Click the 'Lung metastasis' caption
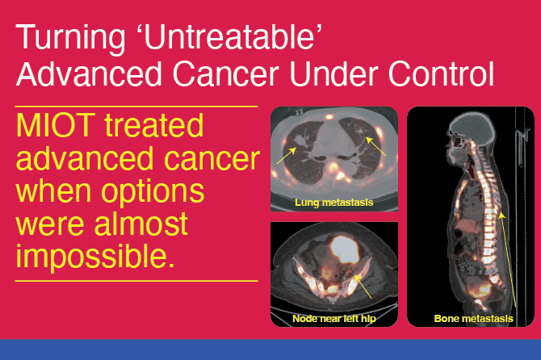334,203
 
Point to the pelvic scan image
334,270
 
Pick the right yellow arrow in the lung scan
375,146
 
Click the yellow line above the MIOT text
136,106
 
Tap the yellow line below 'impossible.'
136,281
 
